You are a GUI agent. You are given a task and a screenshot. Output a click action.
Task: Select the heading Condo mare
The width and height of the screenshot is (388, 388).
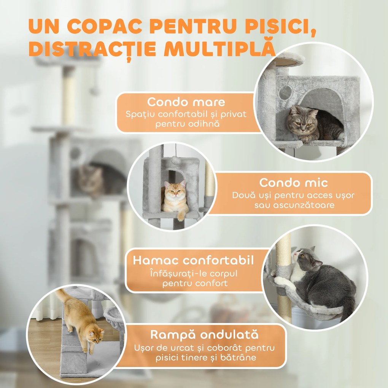point(186,102)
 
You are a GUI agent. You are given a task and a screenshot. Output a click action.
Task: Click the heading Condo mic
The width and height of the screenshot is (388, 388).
point(293,183)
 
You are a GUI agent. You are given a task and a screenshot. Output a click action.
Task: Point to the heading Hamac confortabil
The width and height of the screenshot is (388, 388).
point(193,261)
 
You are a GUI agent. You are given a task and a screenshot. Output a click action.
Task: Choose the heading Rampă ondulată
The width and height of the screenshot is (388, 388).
point(204,335)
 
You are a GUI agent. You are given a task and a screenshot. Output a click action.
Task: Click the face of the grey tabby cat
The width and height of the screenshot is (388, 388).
point(302,119)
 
